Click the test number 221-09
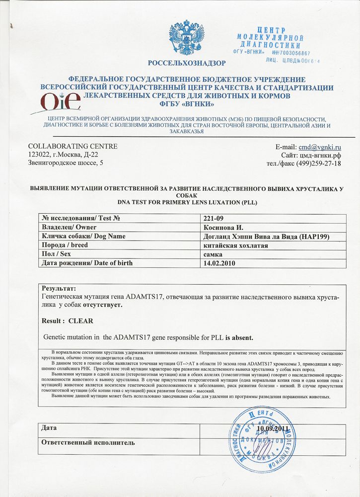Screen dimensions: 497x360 click(x=215, y=218)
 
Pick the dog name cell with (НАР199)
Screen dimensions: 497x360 click(x=267, y=236)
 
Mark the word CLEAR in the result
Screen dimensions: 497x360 click(x=80, y=321)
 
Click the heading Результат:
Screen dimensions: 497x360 click(x=59, y=288)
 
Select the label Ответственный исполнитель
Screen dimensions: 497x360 click(x=88, y=442)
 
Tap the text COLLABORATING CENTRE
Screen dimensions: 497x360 click(x=72, y=146)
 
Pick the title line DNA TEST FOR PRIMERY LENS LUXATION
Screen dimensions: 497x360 click(x=187, y=203)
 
